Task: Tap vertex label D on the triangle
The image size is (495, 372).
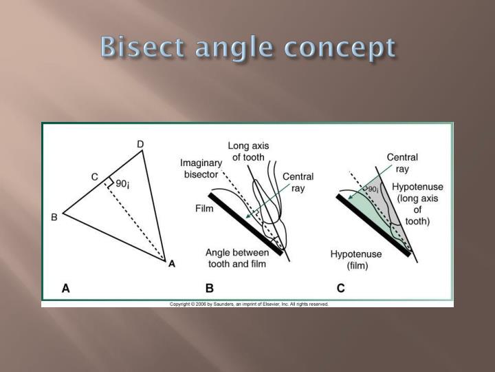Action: click(140, 144)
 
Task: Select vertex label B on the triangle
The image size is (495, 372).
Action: click(54, 218)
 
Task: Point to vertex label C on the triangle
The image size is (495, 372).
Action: click(95, 177)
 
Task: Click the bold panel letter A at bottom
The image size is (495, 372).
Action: click(65, 289)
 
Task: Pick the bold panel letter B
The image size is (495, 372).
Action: click(209, 289)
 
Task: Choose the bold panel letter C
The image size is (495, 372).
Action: click(340, 289)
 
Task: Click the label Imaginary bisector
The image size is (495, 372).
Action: click(201, 169)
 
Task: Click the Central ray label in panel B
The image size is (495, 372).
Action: click(298, 183)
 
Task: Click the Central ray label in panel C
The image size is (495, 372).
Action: click(402, 163)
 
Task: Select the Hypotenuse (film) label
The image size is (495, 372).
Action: click(355, 260)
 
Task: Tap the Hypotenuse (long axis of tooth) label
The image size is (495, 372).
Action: click(417, 205)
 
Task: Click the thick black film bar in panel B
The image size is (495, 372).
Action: click(244, 223)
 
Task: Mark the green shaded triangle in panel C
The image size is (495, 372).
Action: click(368, 207)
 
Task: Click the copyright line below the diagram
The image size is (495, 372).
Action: click(249, 304)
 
